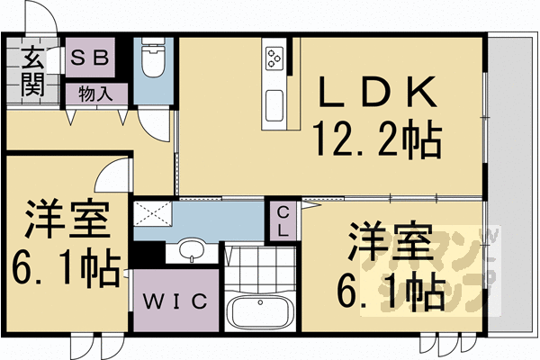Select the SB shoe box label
pos(89,58)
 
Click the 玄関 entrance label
pos(31,71)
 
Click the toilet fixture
pos(152,62)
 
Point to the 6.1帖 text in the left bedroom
pos(67,267)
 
